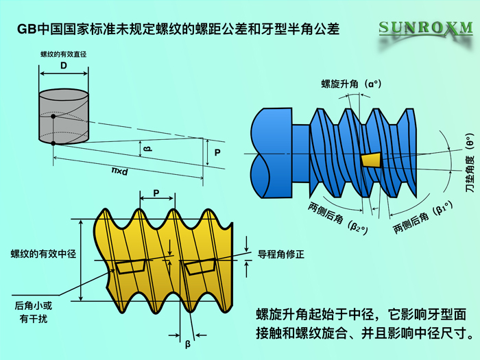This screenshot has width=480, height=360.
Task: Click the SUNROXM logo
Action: tap(426, 29)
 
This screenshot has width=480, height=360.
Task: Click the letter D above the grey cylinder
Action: tap(63, 66)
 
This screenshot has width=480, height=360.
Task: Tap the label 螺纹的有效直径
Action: tap(64, 54)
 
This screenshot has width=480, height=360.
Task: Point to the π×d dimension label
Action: tap(120, 171)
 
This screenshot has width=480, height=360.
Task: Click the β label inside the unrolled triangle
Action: tap(147, 149)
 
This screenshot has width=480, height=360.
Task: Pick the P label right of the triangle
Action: tap(217, 152)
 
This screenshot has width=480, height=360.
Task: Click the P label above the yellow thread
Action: tap(156, 193)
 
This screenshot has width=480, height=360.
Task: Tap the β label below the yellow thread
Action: tap(188, 344)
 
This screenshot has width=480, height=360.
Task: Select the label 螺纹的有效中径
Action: tap(43, 254)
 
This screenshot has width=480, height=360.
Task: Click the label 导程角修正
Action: tap(281, 254)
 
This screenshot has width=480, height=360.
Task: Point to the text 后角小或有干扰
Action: tap(34, 312)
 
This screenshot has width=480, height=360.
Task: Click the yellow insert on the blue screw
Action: tap(372, 160)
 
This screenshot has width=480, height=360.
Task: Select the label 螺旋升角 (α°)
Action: tap(351, 84)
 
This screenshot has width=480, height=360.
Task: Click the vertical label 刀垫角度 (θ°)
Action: tap(470, 163)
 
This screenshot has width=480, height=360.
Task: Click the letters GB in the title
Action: tap(27, 29)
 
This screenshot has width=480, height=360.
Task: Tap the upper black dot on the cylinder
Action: tap(53, 117)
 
